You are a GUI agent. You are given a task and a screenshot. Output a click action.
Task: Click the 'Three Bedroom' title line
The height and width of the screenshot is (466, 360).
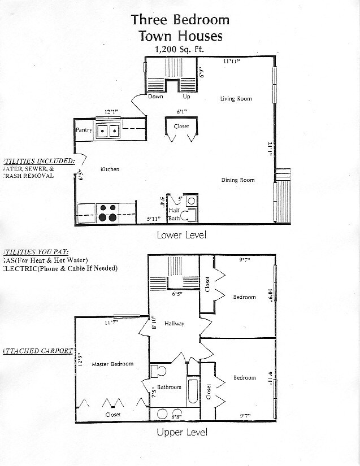(180, 20)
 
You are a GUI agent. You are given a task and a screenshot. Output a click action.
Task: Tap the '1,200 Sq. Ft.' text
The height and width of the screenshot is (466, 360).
(179, 50)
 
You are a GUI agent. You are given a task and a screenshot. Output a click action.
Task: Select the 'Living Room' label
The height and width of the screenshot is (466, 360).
(236, 99)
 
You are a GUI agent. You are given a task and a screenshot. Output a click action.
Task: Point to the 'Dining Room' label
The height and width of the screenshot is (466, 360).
(237, 180)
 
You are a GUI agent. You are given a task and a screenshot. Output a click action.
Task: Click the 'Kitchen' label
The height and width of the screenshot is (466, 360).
(110, 169)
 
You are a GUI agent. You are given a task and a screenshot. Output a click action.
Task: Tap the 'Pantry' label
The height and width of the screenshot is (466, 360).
(84, 130)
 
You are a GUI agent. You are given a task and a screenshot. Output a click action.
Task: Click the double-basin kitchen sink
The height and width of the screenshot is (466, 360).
(107, 132)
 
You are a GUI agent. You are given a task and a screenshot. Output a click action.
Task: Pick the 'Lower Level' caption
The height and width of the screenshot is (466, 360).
(181, 234)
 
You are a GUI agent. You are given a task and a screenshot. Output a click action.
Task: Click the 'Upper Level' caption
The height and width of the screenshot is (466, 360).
(181, 433)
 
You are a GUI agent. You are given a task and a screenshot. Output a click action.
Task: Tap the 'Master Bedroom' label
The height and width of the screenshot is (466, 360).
(112, 364)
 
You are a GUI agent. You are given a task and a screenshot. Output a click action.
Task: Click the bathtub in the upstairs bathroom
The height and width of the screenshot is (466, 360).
(192, 392)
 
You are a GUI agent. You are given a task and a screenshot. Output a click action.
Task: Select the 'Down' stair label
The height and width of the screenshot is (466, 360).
(155, 97)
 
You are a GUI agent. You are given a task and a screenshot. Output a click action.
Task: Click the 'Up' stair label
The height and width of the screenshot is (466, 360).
(186, 97)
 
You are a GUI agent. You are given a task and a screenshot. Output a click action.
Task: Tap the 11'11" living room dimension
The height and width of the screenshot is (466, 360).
(231, 60)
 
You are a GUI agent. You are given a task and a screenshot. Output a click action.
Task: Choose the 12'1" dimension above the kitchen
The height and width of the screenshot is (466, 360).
(111, 112)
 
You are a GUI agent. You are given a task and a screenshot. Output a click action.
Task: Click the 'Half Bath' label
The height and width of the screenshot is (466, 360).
(174, 214)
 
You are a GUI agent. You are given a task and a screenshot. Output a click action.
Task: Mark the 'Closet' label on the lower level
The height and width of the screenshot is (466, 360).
(181, 127)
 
